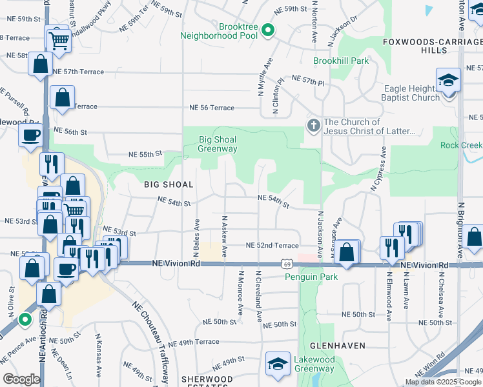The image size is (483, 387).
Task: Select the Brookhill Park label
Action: tap(341, 61)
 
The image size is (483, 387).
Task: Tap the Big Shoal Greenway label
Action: tap(218, 144)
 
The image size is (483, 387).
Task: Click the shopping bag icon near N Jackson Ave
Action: tap(347, 252)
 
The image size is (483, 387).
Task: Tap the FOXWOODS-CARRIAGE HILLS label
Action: tap(432, 45)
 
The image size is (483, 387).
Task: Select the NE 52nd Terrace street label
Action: tap(272, 246)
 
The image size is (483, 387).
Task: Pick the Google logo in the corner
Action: tap(21, 379)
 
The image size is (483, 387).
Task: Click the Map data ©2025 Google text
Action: tap(442, 382)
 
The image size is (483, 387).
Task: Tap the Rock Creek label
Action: tap(461, 145)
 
